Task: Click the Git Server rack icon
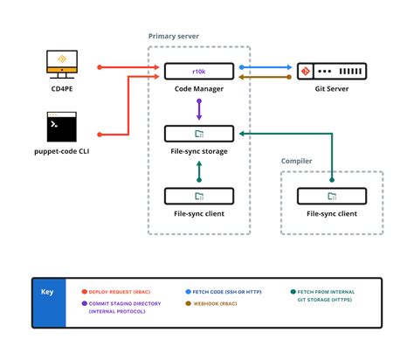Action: (x=331, y=72)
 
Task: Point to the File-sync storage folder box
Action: (x=199, y=134)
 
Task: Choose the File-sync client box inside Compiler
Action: (x=331, y=196)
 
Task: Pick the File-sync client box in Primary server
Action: (x=199, y=196)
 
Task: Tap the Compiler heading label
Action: (x=296, y=161)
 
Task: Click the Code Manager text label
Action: (x=199, y=87)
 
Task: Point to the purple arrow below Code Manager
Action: (x=199, y=109)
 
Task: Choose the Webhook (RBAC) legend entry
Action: (x=214, y=303)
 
